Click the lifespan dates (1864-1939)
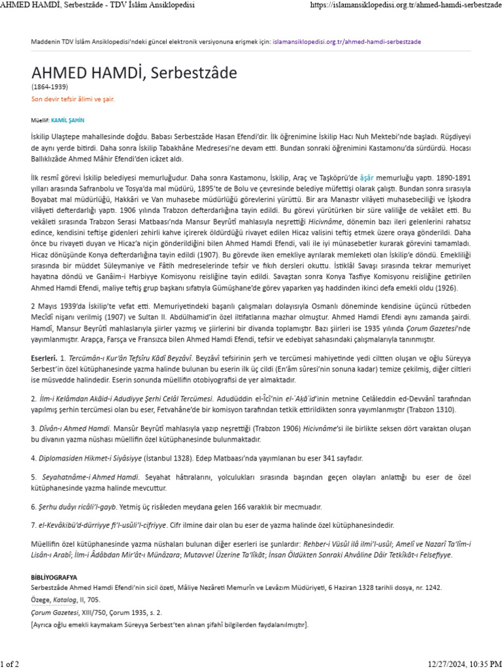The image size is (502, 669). pyautogui.click(x=50, y=86)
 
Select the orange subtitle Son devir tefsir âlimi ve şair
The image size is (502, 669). pyautogui.click(x=73, y=99)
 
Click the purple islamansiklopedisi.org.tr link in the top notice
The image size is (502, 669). pyautogui.click(x=347, y=41)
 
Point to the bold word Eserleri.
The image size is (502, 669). pyautogui.click(x=44, y=359)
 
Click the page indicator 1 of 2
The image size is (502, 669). pyautogui.click(x=10, y=662)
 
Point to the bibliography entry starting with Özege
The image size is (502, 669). pyautogui.click(x=65, y=599)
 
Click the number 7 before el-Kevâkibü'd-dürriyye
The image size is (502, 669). pyautogui.click(x=33, y=525)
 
